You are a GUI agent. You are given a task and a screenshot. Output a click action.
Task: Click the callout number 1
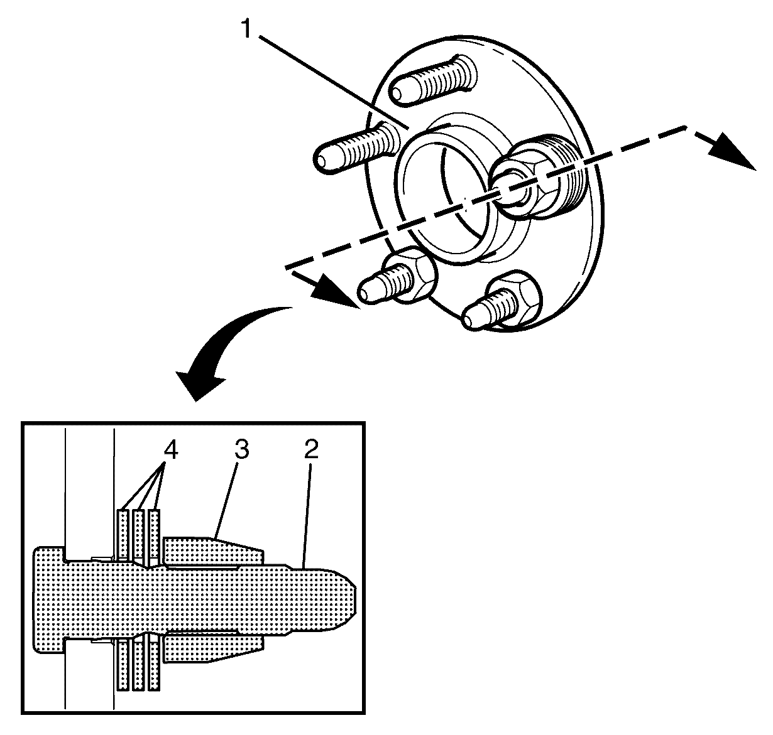click(246, 29)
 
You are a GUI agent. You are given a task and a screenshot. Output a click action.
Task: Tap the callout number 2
click(311, 449)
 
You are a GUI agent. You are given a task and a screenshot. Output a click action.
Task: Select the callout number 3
click(242, 449)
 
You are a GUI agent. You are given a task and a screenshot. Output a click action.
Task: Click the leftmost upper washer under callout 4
click(123, 534)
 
